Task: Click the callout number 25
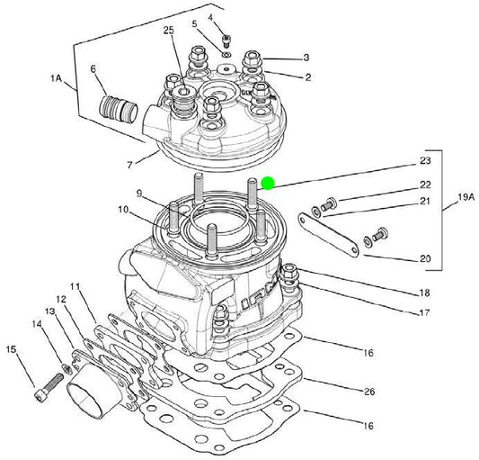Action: pos(168,30)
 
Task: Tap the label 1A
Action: pos(56,78)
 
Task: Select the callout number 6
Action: pos(93,68)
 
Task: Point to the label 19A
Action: pos(466,197)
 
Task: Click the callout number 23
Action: pos(425,160)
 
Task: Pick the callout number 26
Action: pos(369,392)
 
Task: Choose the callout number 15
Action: pos(12,349)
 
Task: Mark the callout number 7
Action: pos(129,166)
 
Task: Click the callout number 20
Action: pos(425,258)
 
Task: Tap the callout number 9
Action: pos(139,194)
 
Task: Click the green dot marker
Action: pos(268,184)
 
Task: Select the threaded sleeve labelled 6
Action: pos(119,109)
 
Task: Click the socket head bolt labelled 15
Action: pos(49,388)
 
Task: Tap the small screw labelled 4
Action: pos(226,41)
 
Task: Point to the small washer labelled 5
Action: pos(226,55)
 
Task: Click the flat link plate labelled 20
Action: pos(328,235)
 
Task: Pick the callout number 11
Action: pos(75,287)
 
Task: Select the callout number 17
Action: pos(425,312)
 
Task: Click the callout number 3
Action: pos(306,58)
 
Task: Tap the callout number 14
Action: pos(37,323)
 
